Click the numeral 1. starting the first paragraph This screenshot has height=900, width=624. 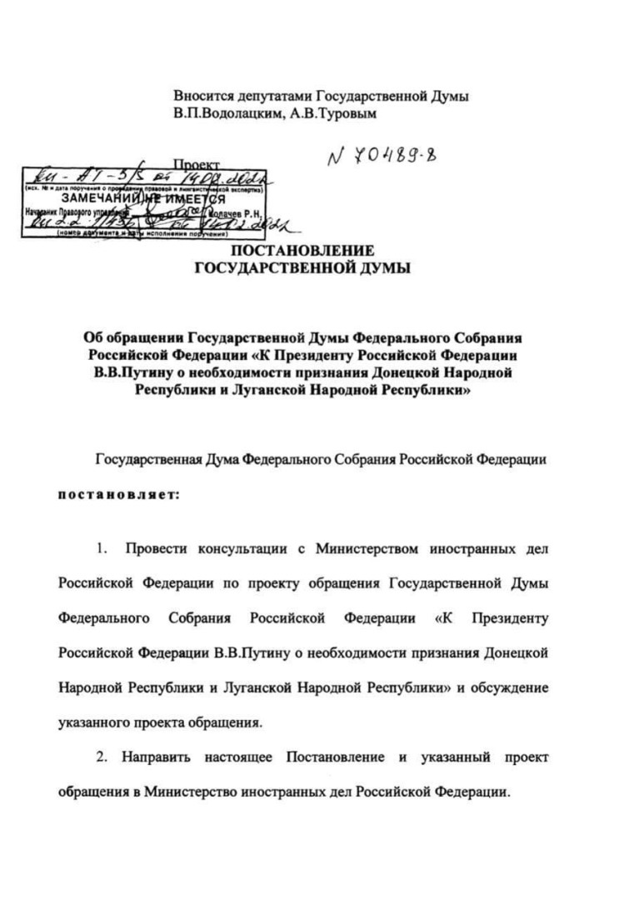[x=103, y=551]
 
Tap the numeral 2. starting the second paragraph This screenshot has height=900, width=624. [x=103, y=757]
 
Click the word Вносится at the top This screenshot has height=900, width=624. [x=202, y=95]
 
